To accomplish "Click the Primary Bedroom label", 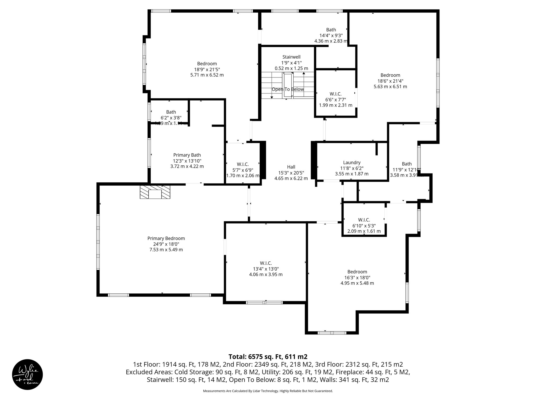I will point(166,238).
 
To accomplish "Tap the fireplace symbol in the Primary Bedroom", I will point(155,192).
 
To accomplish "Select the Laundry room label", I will point(351,163).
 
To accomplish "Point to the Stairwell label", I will point(291,57).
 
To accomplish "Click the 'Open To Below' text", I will point(288,89).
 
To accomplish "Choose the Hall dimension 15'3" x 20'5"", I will point(291,173).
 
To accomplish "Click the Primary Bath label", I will point(187,155).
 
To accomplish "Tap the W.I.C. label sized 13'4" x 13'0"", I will point(266,263).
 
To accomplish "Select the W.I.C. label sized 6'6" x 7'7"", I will point(336,94).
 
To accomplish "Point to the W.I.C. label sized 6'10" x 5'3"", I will point(364,220).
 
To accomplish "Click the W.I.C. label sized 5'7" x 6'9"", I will point(243,164).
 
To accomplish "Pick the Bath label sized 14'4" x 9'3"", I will point(331,30).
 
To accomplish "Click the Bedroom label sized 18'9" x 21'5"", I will point(207,64).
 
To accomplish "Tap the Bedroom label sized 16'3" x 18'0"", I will point(357,272).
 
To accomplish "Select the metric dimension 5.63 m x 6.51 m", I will point(390,87).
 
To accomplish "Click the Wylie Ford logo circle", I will point(27,374).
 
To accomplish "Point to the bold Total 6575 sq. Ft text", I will point(268,357).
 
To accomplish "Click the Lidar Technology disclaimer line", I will point(268,391).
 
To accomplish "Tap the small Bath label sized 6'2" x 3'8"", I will point(171,112).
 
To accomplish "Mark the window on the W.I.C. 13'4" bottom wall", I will point(264,303).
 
